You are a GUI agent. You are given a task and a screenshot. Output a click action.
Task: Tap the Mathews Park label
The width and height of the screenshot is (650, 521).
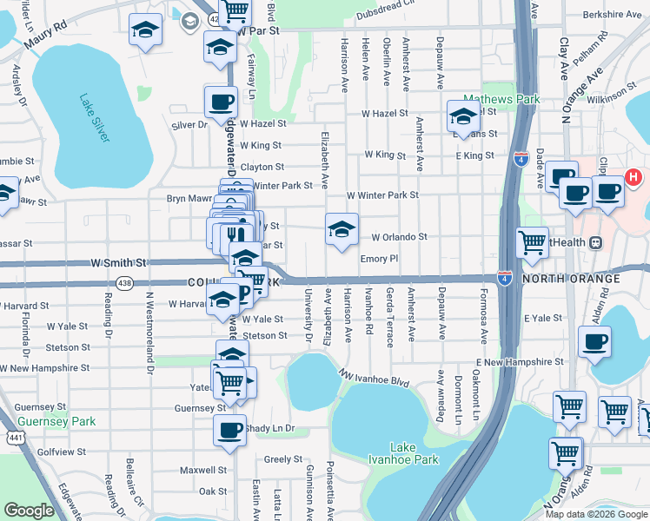(x=501, y=99)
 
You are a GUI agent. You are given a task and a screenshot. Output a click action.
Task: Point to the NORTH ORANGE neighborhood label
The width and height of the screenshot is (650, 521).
(x=571, y=279)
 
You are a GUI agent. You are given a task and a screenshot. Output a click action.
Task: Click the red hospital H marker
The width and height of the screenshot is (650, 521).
(x=633, y=179)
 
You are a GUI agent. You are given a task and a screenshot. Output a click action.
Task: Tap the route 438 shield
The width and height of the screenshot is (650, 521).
(x=124, y=283)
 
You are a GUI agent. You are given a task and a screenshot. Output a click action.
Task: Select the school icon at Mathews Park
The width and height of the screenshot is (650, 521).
(x=463, y=117)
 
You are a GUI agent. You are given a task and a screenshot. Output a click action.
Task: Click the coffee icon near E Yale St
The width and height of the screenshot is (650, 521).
(x=594, y=342)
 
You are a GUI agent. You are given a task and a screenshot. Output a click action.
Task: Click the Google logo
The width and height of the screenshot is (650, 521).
(x=29, y=511)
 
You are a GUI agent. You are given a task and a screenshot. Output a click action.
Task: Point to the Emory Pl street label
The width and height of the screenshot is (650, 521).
(x=378, y=258)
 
